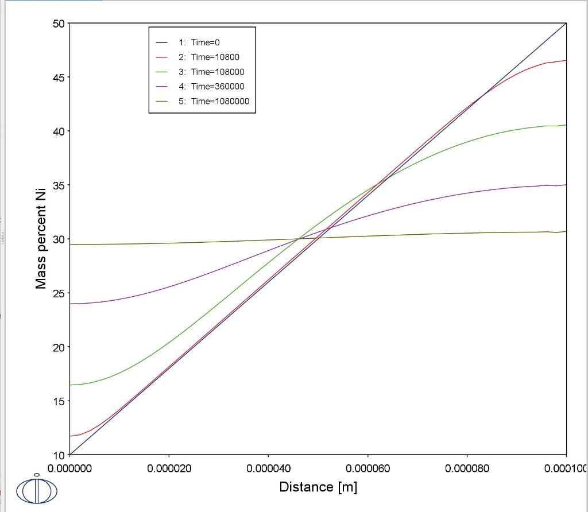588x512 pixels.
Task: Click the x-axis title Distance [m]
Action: (x=318, y=487)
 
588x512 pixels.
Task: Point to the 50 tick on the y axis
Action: (x=59, y=24)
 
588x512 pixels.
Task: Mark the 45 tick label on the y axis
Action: (x=59, y=77)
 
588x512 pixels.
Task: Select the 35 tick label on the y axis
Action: (x=59, y=185)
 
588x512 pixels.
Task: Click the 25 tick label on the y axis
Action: (x=59, y=293)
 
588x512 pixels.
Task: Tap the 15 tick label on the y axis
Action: (x=59, y=401)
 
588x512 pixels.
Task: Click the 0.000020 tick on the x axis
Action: (x=169, y=468)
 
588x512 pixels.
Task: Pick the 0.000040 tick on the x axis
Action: (x=269, y=468)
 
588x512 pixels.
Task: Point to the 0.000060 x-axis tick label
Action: (x=368, y=468)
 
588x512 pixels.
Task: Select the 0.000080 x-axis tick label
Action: (x=467, y=468)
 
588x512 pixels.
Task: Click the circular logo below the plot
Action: (x=37, y=490)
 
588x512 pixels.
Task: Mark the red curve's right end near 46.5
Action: (x=566, y=60)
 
